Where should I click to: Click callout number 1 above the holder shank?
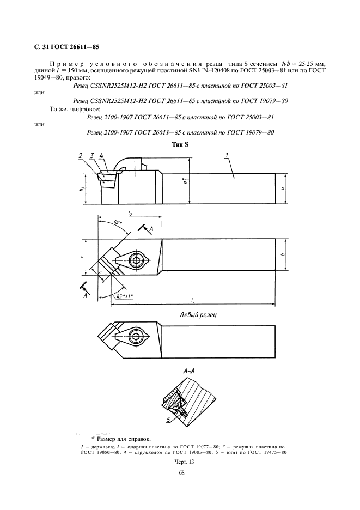(x=225, y=155)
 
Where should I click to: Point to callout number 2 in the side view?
(x=80, y=156)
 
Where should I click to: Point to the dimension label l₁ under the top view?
(x=193, y=300)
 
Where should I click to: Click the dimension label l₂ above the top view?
(x=129, y=214)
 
